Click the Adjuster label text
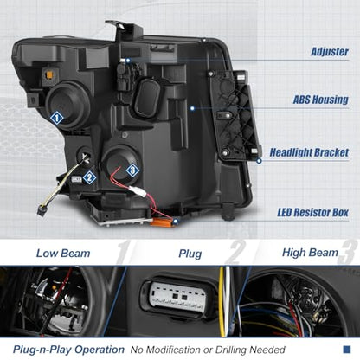coord(330,52)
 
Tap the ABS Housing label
coord(321,100)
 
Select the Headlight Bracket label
coord(309,152)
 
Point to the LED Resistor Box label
coord(313,213)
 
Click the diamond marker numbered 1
coord(56,118)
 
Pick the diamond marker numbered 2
coord(89,177)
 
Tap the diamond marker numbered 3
coord(132,170)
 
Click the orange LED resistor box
coord(163,222)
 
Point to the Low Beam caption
coord(63,254)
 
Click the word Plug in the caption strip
coord(190,254)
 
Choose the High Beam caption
coord(310,253)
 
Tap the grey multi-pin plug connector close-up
coord(179,295)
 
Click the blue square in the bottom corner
coord(347,350)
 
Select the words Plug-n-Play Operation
coord(68,350)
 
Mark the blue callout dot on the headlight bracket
coord(259,161)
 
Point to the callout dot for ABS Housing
coord(192,108)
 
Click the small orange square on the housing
coord(49,75)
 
